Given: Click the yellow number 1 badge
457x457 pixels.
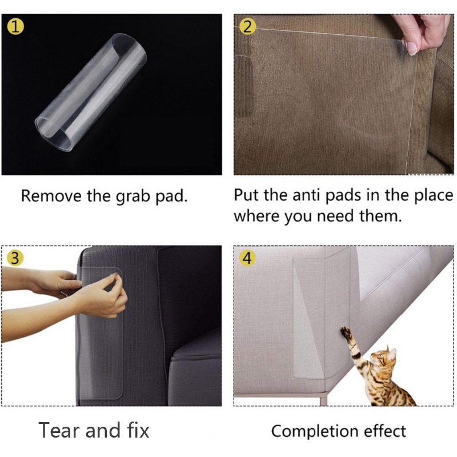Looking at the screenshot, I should [15, 26].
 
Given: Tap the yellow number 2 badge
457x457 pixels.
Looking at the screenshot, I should [247, 26].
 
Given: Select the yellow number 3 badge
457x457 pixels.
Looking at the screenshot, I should [15, 258].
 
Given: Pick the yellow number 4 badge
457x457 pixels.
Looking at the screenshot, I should [247, 258].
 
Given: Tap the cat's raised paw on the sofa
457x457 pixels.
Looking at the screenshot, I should [346, 331].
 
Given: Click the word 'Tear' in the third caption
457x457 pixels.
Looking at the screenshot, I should [58, 430].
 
